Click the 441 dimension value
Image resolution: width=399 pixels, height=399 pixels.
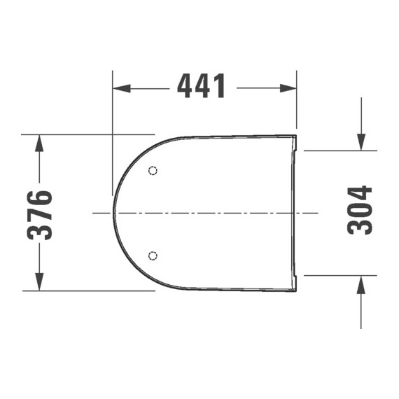coord(202,87)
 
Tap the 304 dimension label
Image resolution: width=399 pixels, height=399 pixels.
coord(360,211)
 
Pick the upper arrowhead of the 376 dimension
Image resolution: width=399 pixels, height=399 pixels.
coord(40,141)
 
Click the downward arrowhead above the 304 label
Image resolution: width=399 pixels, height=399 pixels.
coord(360,141)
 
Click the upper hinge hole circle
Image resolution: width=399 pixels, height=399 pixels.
coord(154,170)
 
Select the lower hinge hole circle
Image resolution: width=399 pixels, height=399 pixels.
coord(154,255)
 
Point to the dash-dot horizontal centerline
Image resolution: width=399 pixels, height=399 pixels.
coord(210,212)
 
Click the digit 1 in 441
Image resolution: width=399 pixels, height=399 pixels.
coord(220,87)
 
